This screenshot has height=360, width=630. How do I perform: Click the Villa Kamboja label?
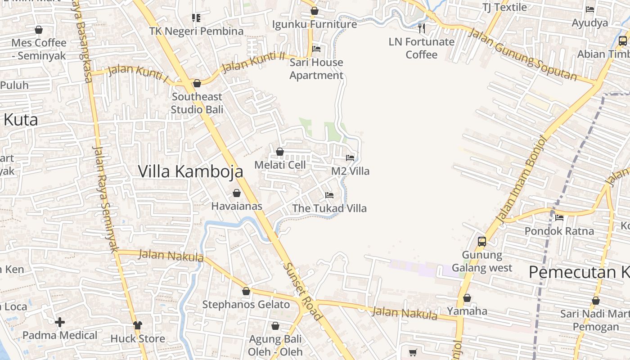click(190, 171)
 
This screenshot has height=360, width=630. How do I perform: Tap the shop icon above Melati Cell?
click(280, 152)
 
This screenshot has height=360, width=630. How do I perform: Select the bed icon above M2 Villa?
click(350, 158)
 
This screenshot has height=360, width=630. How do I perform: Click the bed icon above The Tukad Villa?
click(329, 195)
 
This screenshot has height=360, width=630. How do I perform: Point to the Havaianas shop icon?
click(237, 193)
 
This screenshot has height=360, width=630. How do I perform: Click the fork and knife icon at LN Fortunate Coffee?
click(422, 28)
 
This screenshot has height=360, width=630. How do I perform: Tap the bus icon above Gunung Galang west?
click(482, 241)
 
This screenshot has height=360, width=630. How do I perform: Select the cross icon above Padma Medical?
click(60, 322)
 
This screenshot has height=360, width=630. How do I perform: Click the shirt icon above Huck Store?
click(138, 325)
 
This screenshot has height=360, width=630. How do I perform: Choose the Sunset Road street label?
click(302, 291)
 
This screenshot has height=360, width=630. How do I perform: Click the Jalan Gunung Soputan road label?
click(522, 54)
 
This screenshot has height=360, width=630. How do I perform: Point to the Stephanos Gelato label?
click(246, 305)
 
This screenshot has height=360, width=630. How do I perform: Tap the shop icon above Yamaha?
click(467, 298)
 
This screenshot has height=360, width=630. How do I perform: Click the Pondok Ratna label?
click(559, 231)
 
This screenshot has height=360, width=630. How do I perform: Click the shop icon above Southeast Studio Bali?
click(197, 83)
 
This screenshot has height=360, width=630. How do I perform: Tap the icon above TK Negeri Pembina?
click(196, 18)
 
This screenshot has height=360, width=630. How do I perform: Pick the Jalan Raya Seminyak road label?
click(105, 198)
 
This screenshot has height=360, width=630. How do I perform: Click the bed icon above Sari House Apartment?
click(316, 49)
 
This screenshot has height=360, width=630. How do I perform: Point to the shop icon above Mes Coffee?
click(39, 30)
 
